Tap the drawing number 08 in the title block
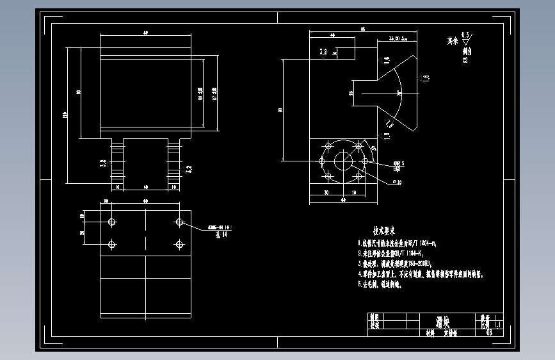pyautogui.click(x=490, y=332)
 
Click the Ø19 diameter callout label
pyautogui.click(x=397, y=183)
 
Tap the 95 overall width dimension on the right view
pyautogui.click(x=362, y=29)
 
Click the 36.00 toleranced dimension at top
pyautogui.click(x=390, y=39)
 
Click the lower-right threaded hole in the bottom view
pyautogui.click(x=180, y=245)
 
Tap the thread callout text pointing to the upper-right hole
pyautogui.click(x=218, y=228)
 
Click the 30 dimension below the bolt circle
pyautogui.click(x=326, y=192)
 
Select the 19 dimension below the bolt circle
pyautogui.click(x=353, y=192)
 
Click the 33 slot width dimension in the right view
pyautogui.click(x=351, y=94)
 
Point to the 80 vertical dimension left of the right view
pyautogui.click(x=280, y=110)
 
